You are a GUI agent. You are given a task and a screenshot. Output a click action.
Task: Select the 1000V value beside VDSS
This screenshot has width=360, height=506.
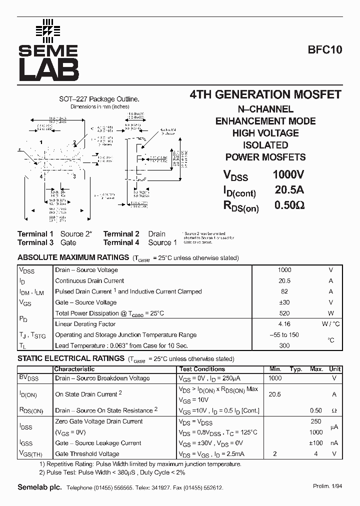[x=288, y=175]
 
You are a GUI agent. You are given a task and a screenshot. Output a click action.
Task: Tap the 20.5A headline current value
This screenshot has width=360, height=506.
[x=289, y=190]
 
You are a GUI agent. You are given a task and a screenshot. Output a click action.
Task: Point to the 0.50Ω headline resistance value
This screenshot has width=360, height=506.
[x=289, y=205]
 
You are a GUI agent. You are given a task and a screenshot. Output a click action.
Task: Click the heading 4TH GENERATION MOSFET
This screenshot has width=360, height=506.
[x=265, y=94]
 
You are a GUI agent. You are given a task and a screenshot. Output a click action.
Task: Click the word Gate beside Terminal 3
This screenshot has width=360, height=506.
[x=68, y=242]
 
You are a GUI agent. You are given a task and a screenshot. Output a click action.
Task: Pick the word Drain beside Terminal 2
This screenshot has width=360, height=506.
[x=156, y=233]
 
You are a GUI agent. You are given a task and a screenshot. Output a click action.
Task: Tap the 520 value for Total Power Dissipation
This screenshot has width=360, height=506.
[x=284, y=313]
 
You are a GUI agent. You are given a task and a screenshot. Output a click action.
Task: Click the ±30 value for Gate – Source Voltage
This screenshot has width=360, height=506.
[x=284, y=302]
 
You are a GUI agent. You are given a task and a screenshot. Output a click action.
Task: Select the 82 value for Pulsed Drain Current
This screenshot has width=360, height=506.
[x=284, y=291]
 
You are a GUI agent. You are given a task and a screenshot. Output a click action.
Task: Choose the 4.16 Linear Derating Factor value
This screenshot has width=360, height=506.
[x=284, y=324]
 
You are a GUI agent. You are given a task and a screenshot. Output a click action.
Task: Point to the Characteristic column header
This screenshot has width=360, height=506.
[x=74, y=369]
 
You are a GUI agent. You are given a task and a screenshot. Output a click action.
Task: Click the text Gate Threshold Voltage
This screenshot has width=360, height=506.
[x=87, y=454]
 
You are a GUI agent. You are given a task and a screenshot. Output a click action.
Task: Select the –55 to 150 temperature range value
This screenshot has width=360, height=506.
[x=284, y=335]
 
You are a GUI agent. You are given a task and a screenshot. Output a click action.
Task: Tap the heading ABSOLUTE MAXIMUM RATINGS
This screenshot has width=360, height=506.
[x=73, y=257]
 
